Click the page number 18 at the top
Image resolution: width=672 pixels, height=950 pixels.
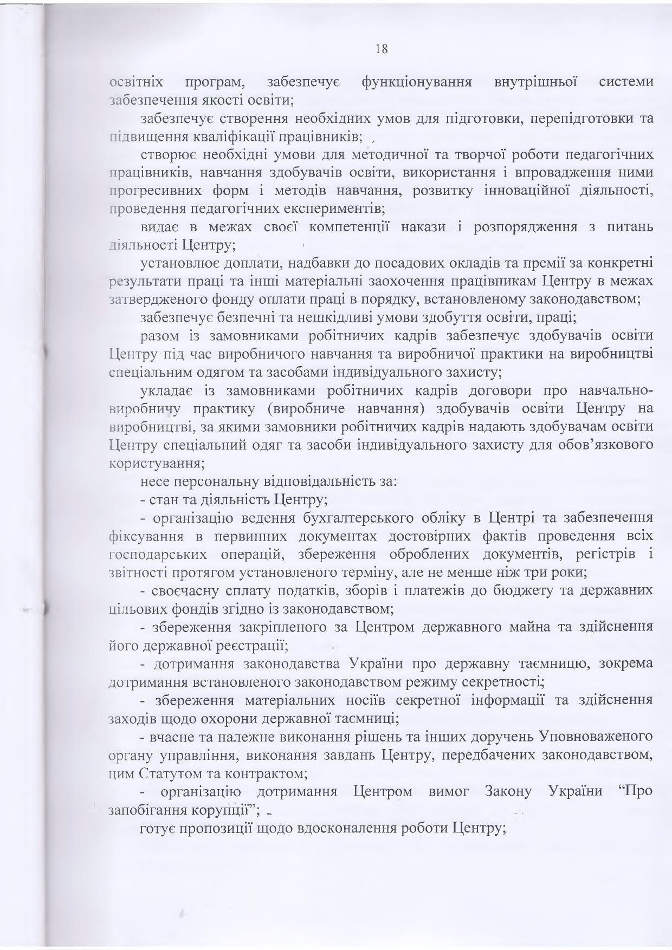(381, 48)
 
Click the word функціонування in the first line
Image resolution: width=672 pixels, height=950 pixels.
(415, 83)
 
